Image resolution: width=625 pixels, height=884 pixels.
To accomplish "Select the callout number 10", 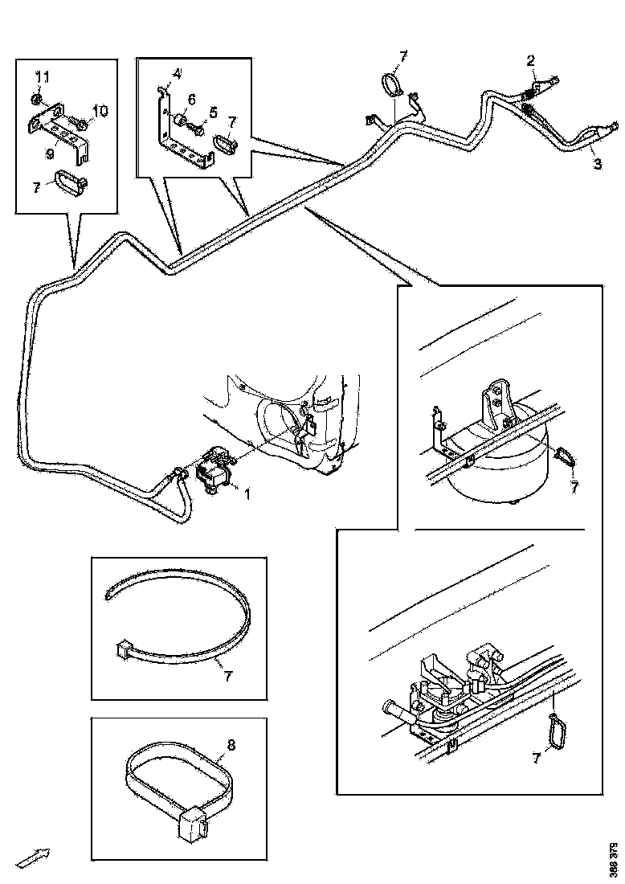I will (x=100, y=110).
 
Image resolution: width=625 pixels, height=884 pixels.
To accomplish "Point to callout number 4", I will (x=176, y=73).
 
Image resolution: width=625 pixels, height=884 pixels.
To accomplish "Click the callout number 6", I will (x=213, y=111).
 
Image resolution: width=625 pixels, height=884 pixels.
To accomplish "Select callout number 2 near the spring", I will (x=530, y=61).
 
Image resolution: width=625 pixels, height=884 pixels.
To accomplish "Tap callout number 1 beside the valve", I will (x=247, y=494).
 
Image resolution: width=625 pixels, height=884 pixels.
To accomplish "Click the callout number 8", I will (x=231, y=744).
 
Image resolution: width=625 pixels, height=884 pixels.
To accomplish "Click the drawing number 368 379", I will (x=614, y=858).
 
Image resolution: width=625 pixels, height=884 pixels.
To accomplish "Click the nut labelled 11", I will (x=39, y=99).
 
